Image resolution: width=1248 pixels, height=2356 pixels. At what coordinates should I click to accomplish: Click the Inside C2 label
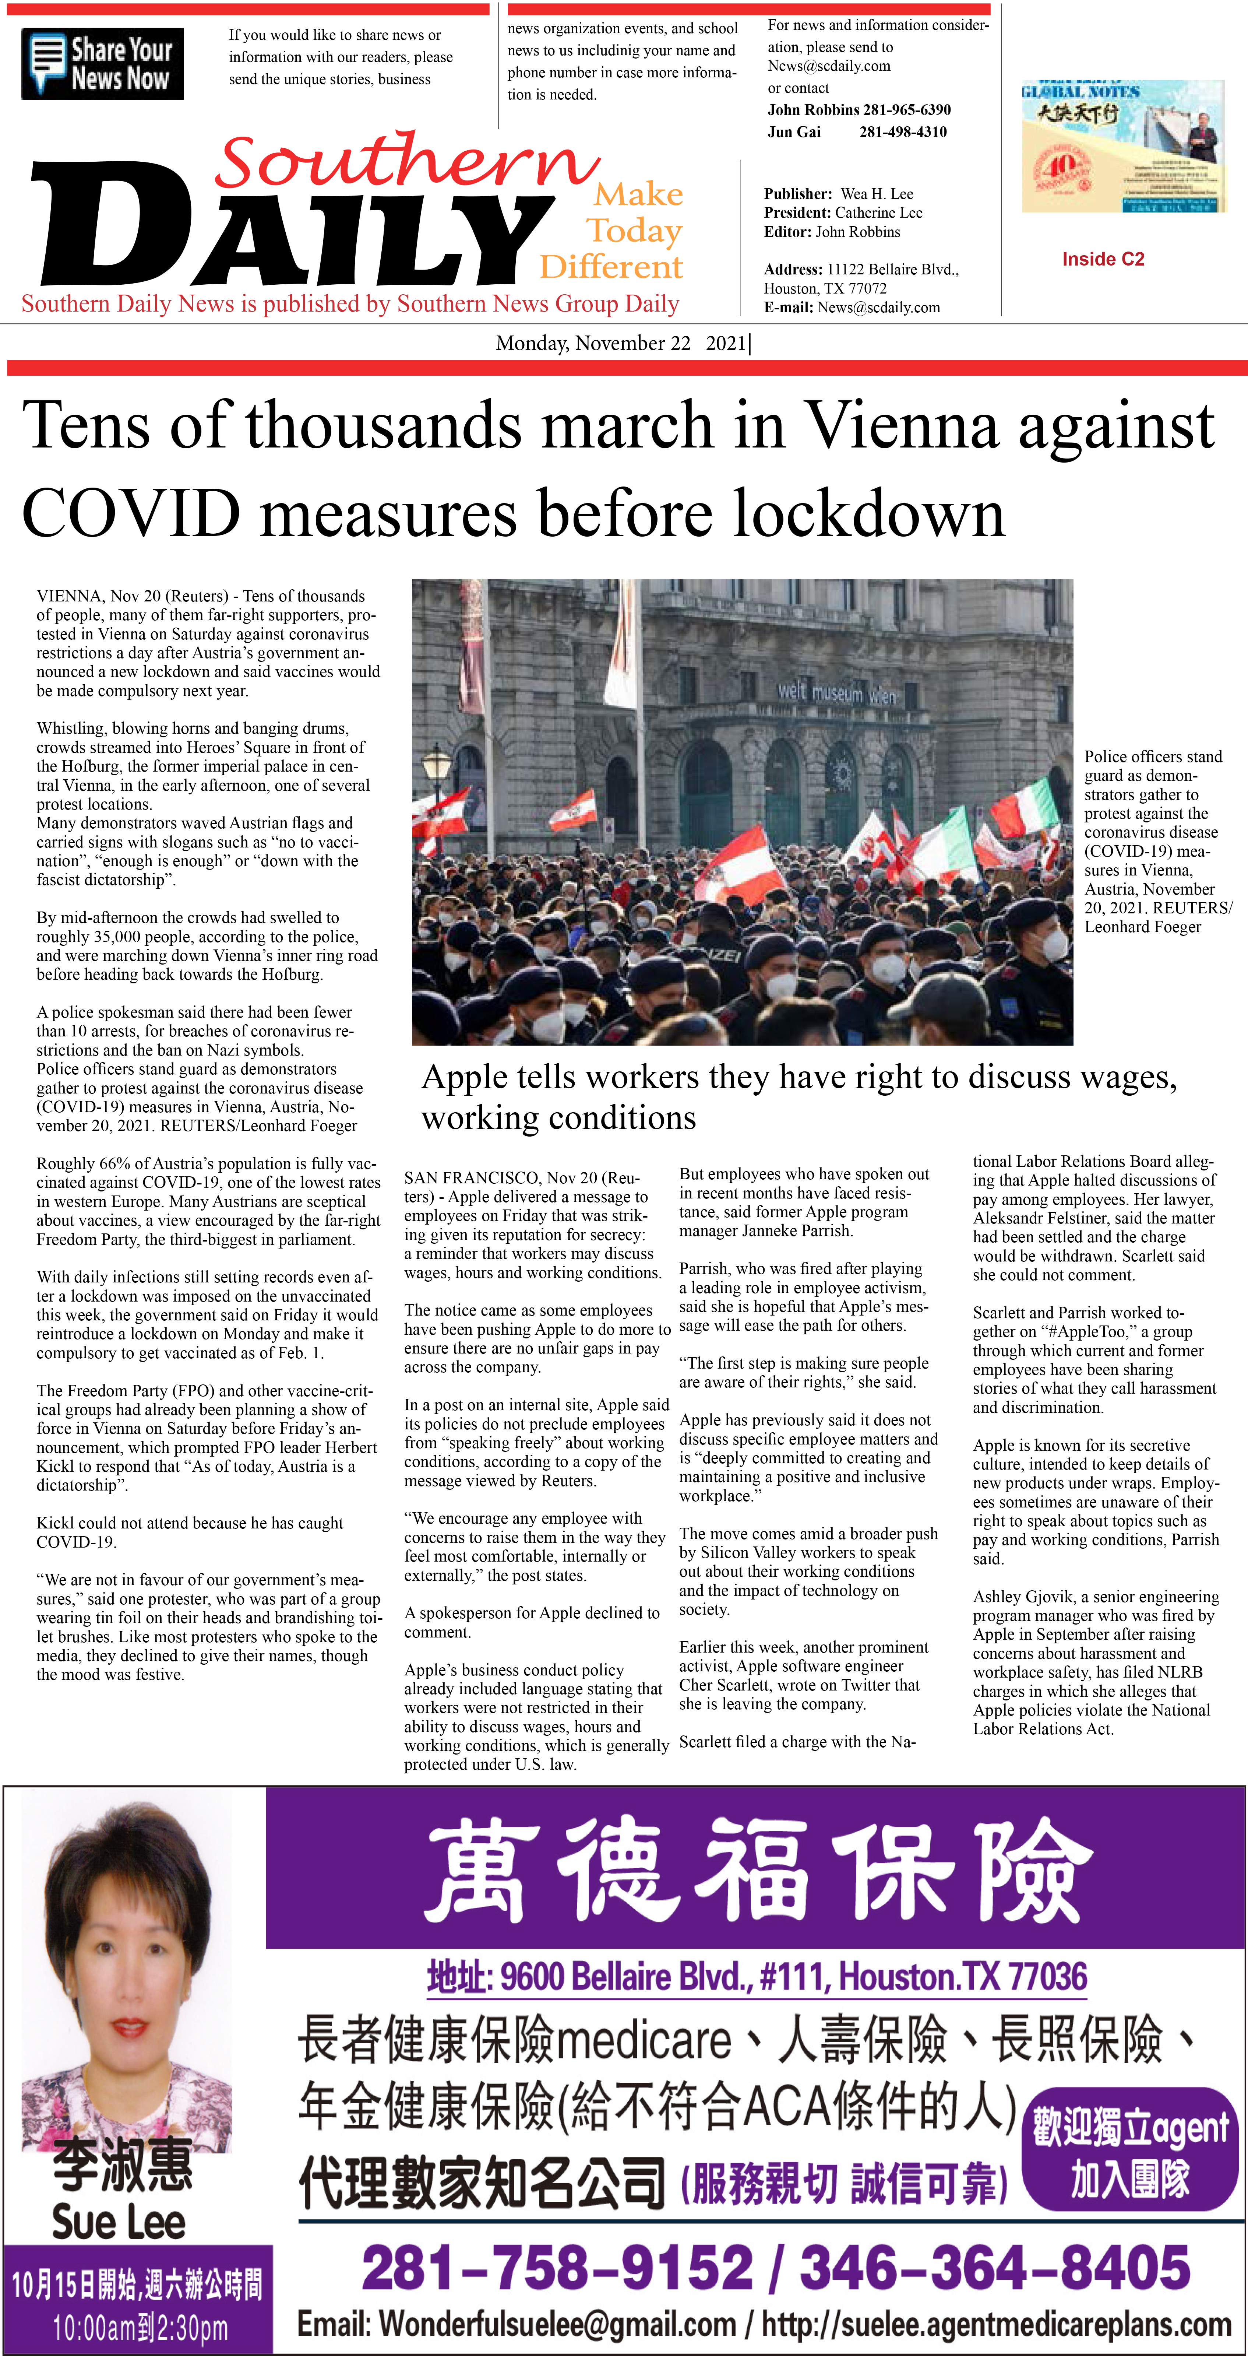1103,259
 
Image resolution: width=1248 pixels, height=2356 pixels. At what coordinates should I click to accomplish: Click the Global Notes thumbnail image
1122,146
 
